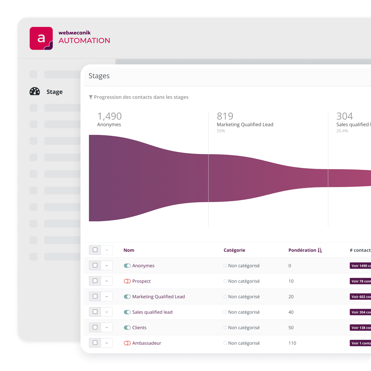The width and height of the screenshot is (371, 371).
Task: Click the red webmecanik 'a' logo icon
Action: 41,38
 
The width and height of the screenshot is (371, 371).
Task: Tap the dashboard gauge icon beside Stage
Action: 35,91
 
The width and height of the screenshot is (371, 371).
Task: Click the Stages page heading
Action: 99,76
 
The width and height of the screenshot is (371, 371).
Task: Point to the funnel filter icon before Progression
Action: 91,97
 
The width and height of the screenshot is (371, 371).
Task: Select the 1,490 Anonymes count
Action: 109,116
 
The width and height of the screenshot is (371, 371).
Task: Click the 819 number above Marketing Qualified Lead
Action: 225,116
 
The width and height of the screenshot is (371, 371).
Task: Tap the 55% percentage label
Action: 221,131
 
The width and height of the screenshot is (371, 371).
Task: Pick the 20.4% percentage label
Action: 342,131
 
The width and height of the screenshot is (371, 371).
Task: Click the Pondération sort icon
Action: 320,250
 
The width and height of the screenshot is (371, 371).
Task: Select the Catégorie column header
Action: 234,250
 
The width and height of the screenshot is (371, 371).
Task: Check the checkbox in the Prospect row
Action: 95,281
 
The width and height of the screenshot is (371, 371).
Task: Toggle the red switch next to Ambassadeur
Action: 127,343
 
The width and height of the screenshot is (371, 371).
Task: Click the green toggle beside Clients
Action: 127,327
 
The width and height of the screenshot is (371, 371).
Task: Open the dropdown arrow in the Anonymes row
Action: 107,266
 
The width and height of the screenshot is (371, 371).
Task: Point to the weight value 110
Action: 292,343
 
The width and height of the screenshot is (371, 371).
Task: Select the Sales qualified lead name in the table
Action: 152,312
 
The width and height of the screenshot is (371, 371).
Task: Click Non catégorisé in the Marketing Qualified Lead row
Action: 244,297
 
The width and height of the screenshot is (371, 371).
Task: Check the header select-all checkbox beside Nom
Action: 95,250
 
